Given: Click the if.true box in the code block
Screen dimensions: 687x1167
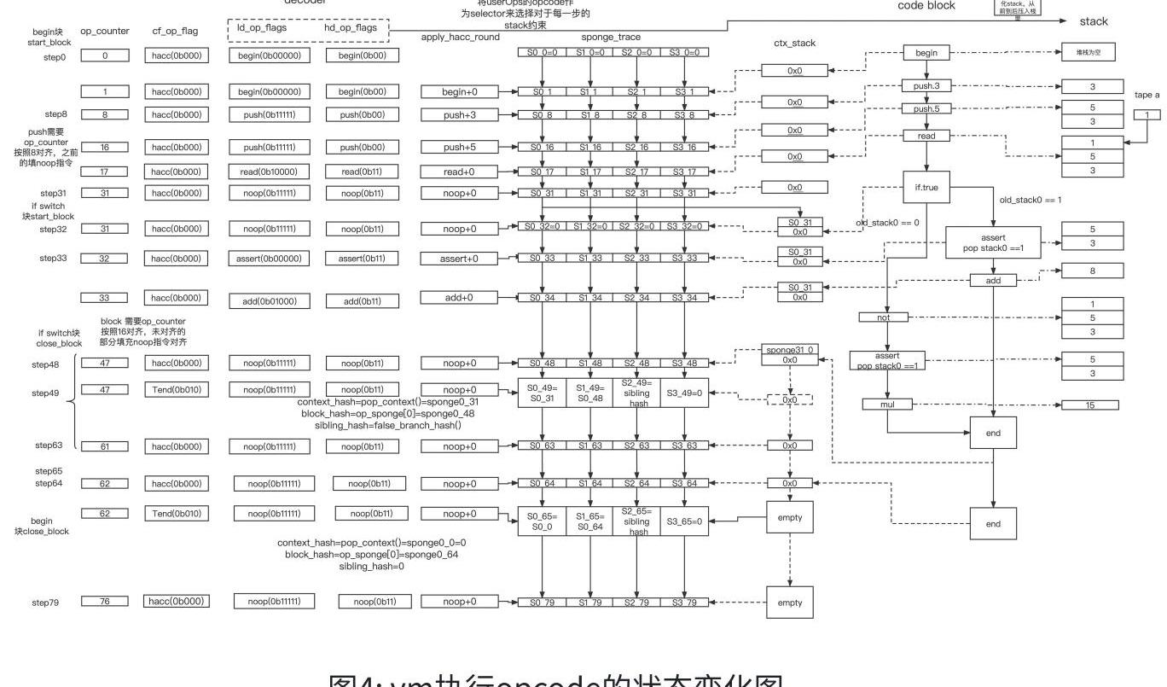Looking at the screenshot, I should click(x=926, y=187).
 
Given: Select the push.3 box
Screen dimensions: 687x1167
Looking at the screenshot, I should click(x=926, y=86).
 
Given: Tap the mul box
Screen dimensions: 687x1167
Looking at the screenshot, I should click(x=887, y=404).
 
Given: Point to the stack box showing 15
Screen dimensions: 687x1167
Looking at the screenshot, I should click(x=1089, y=405).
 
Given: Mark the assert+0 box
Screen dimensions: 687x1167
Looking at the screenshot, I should click(x=459, y=258).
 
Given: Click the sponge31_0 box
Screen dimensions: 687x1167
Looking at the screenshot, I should click(x=789, y=350).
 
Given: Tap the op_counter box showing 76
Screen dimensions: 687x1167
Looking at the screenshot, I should click(x=104, y=602).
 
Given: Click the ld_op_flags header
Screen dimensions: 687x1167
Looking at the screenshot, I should click(x=262, y=27).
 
